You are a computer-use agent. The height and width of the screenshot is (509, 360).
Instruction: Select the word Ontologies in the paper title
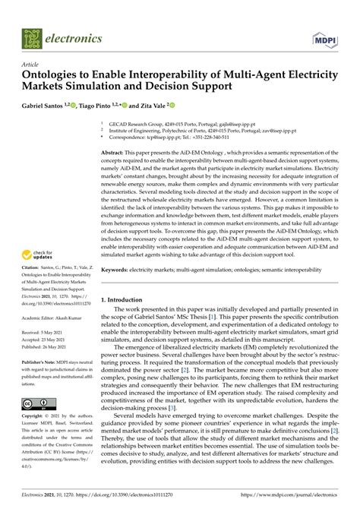click(52, 77)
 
